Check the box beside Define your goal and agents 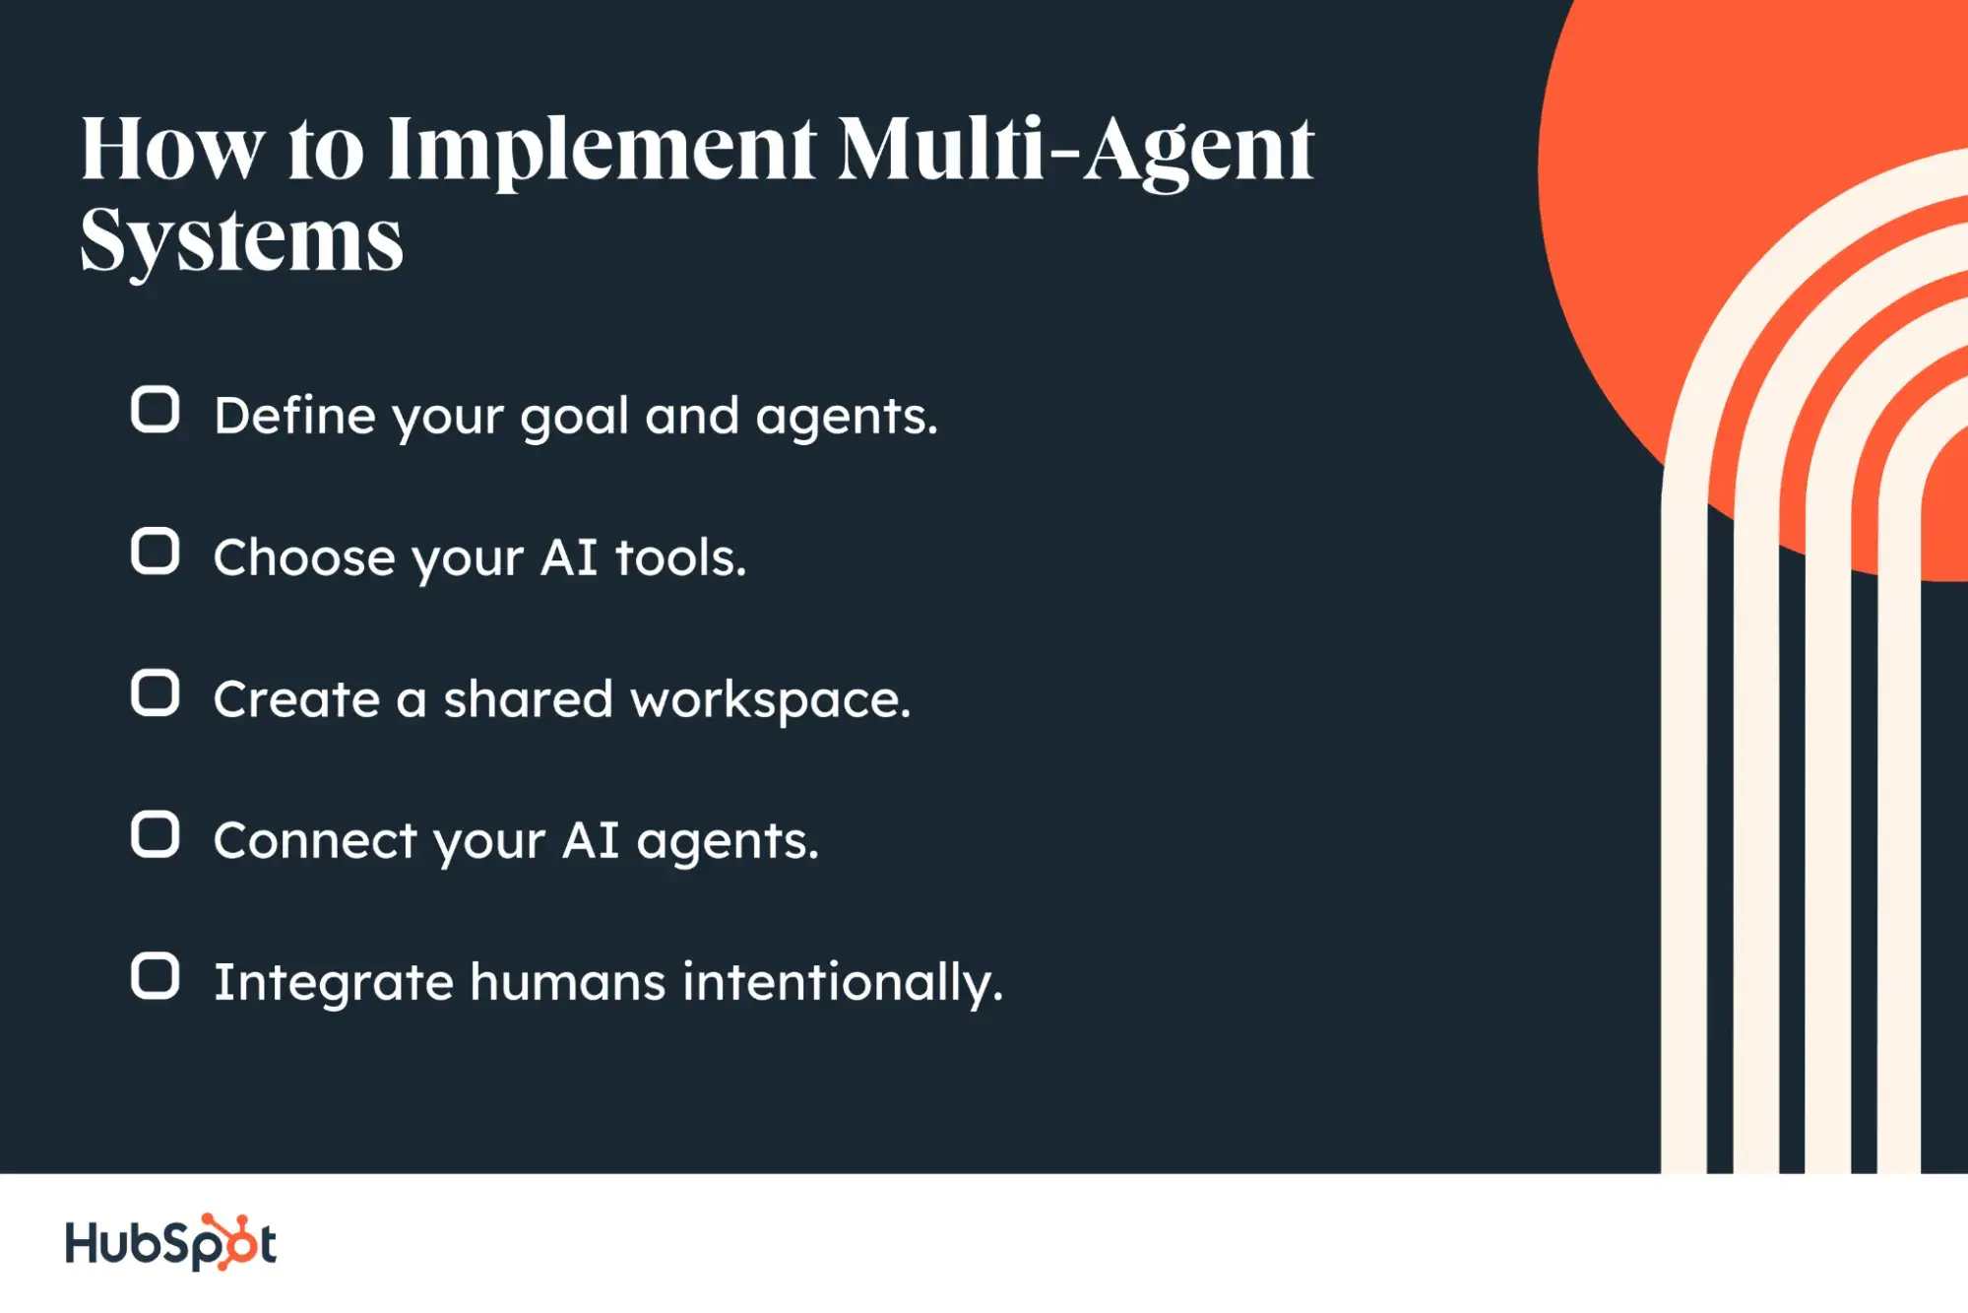[x=156, y=410]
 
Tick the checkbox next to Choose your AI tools [x=156, y=552]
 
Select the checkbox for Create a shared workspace [x=156, y=693]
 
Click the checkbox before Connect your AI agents [x=156, y=835]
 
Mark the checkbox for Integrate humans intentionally [x=156, y=976]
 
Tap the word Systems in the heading [x=242, y=241]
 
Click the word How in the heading [x=173, y=149]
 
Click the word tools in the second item [x=680, y=558]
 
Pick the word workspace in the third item [x=771, y=700]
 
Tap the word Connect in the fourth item [x=315, y=841]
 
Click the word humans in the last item [x=568, y=982]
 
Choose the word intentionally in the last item [x=843, y=984]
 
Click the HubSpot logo [x=170, y=1242]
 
